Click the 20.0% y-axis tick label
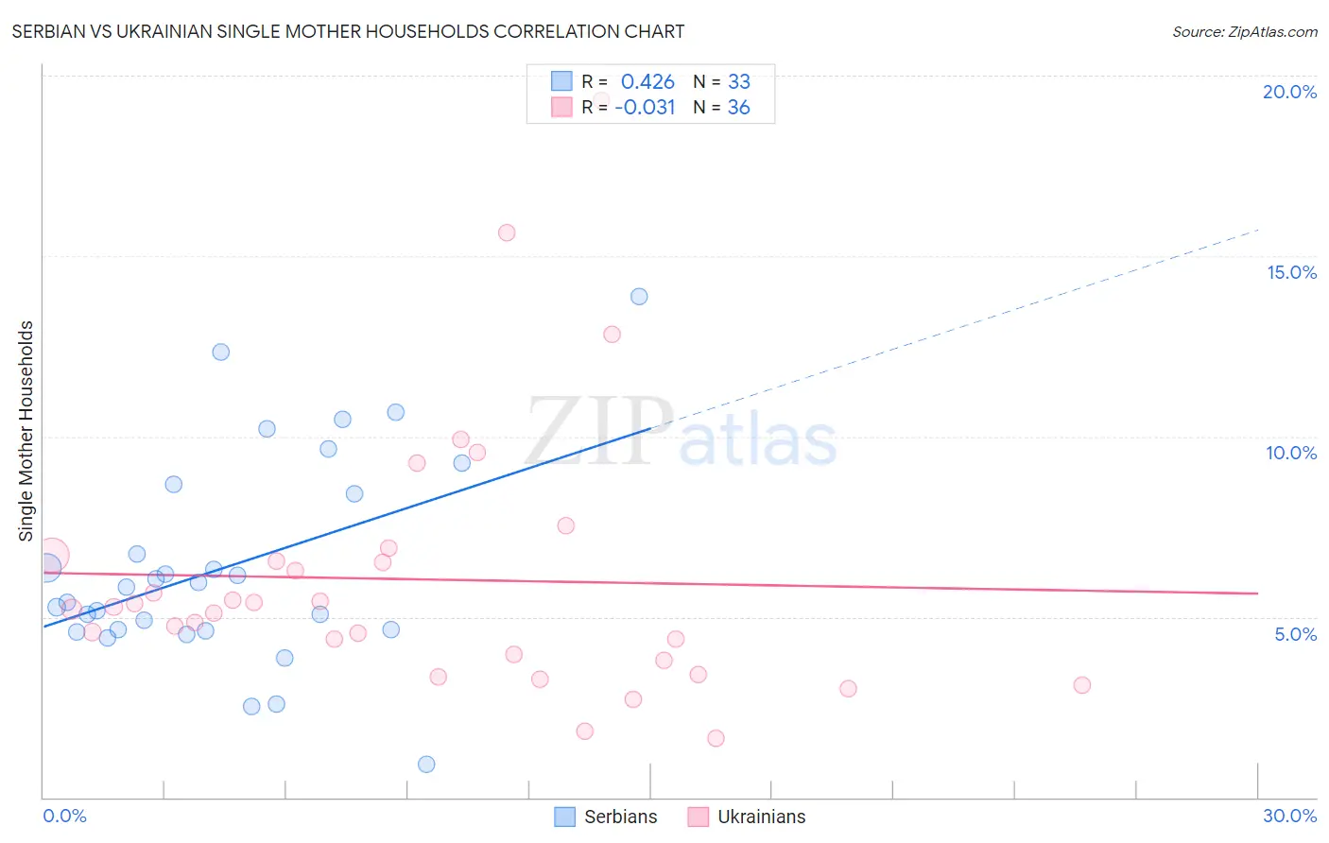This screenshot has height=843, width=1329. (x=1289, y=92)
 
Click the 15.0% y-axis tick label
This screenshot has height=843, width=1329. (x=1291, y=272)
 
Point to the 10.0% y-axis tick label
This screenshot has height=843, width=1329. (x=1291, y=453)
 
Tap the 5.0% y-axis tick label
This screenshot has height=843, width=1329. (x=1295, y=634)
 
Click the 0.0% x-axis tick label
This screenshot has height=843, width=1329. (x=64, y=816)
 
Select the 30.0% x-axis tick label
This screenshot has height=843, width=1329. (x=1289, y=816)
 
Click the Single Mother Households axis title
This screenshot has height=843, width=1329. (x=26, y=431)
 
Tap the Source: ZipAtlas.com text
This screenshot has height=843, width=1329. (x=1244, y=31)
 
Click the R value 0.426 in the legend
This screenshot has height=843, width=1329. (x=647, y=82)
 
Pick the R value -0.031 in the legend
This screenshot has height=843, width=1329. (x=645, y=108)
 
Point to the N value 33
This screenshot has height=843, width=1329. (x=738, y=82)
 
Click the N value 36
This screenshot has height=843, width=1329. (x=738, y=108)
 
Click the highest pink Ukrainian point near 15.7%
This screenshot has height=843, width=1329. (x=507, y=232)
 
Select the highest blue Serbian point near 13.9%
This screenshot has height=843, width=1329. (x=639, y=297)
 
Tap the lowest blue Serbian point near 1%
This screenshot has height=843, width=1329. (x=426, y=764)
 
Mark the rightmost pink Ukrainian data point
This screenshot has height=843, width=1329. (x=1082, y=685)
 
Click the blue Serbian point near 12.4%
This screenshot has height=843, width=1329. (x=221, y=352)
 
